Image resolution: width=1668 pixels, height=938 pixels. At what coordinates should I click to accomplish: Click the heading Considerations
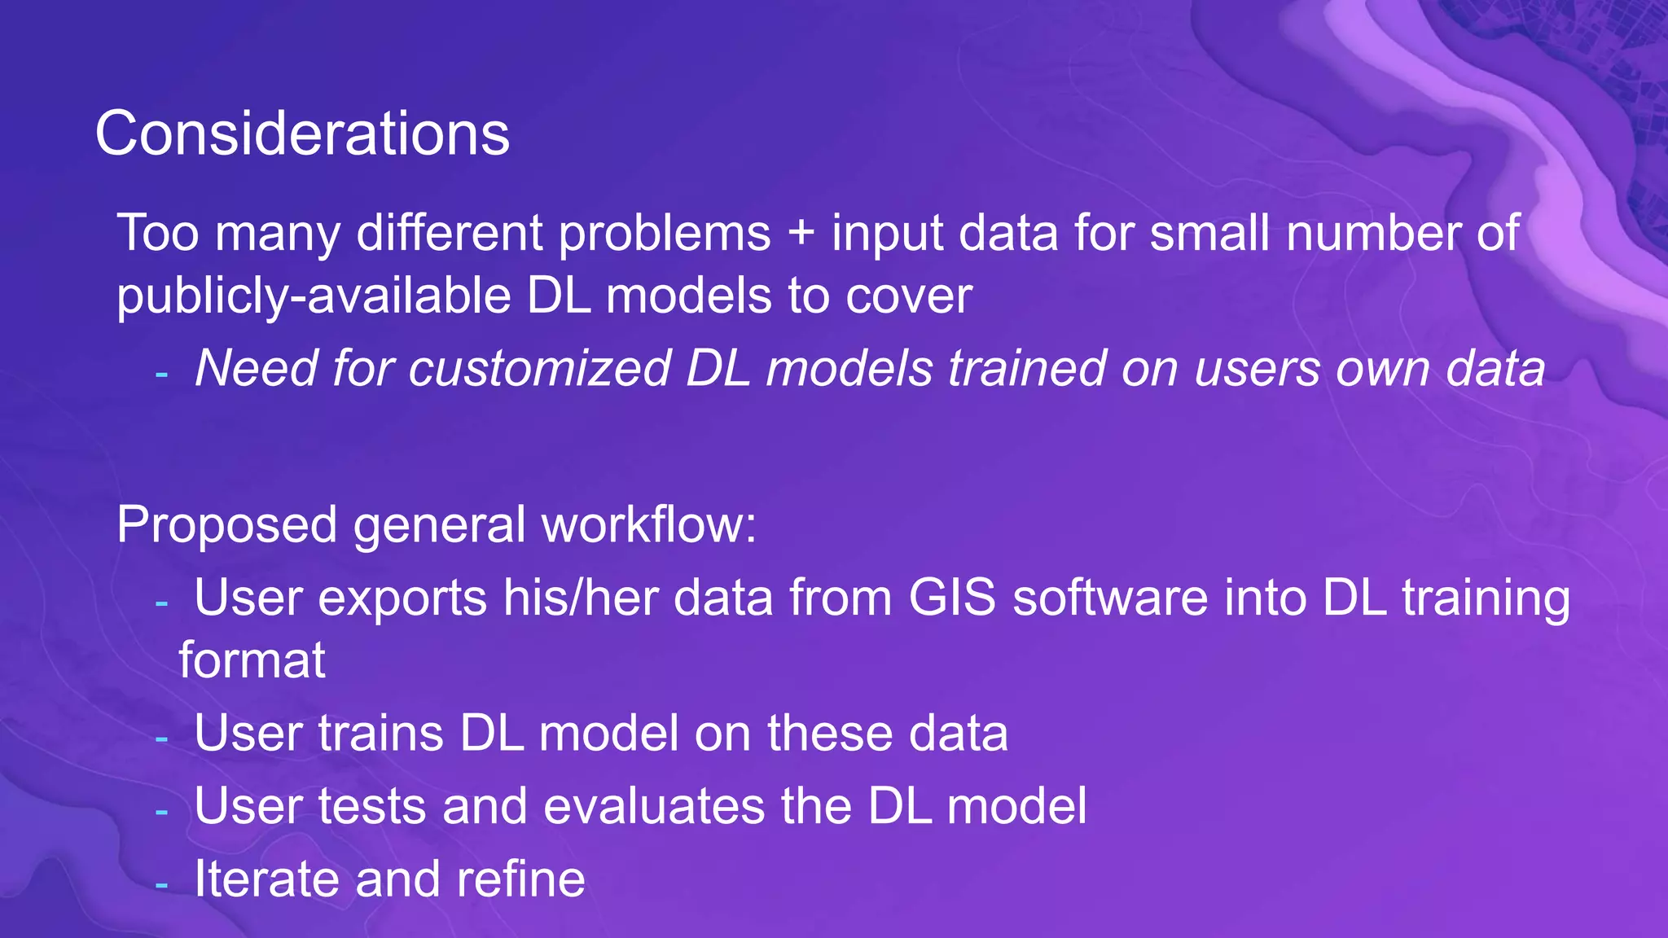pos(302,134)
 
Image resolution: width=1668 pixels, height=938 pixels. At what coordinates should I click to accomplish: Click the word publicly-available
pos(314,296)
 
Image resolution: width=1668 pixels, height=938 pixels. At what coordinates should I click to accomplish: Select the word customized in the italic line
pos(538,369)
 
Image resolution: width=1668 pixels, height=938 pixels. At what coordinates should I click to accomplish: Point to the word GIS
pos(952,598)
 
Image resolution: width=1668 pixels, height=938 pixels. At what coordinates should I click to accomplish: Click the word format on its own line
pos(252,660)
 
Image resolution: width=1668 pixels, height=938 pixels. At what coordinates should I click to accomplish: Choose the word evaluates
pos(654,806)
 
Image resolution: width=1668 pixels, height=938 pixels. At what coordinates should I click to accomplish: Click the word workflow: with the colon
pos(649,524)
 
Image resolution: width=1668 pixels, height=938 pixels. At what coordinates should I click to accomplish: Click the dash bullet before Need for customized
pos(161,374)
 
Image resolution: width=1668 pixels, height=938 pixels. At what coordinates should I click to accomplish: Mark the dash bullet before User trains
pos(161,739)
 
